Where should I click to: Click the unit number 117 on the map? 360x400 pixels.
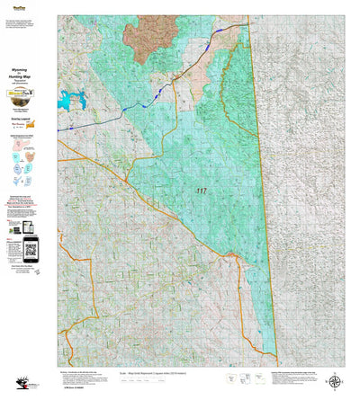[x=199, y=191]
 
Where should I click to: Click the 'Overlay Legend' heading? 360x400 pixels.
[x=23, y=117]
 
